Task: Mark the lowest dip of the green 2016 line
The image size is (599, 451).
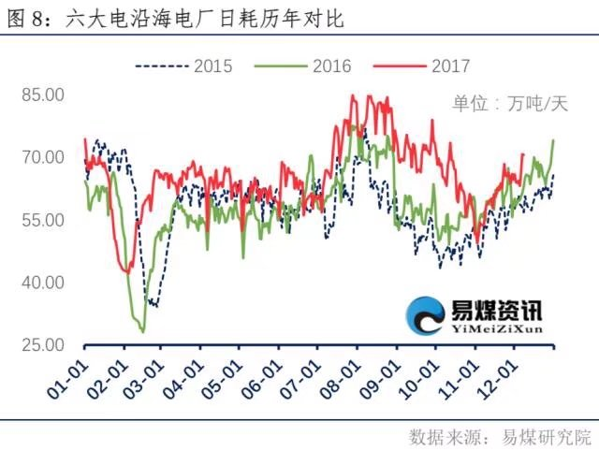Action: (142, 331)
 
